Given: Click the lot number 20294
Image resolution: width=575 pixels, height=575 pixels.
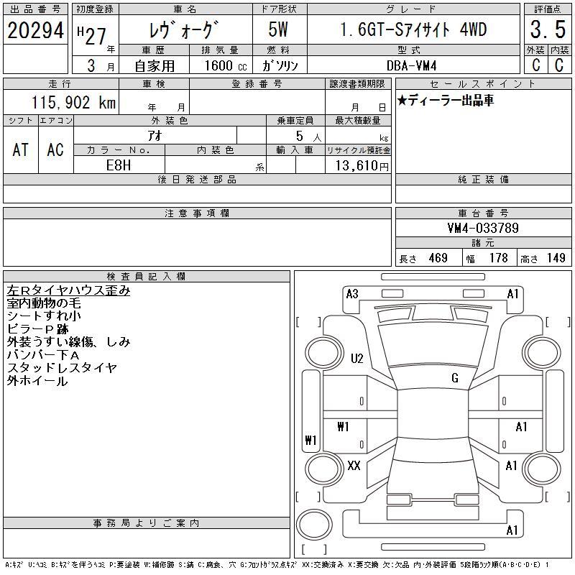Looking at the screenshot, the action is pyautogui.click(x=35, y=30).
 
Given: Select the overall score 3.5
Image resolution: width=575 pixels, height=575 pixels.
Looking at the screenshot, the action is pyautogui.click(x=548, y=29).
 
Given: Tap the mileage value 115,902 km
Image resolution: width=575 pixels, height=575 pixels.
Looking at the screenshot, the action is pyautogui.click(x=73, y=102).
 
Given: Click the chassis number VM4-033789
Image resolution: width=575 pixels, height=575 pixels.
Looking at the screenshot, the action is pyautogui.click(x=483, y=228).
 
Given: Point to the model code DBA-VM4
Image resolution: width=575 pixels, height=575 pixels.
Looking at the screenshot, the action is pyautogui.click(x=411, y=65).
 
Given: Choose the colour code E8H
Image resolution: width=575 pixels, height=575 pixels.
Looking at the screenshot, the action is pyautogui.click(x=119, y=165).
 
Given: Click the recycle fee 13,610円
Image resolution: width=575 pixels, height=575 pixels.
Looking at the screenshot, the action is pyautogui.click(x=362, y=166).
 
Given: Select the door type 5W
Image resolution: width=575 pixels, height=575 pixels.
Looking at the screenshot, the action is pyautogui.click(x=278, y=29).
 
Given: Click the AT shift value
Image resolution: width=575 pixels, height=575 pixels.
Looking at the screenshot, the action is pyautogui.click(x=21, y=149).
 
